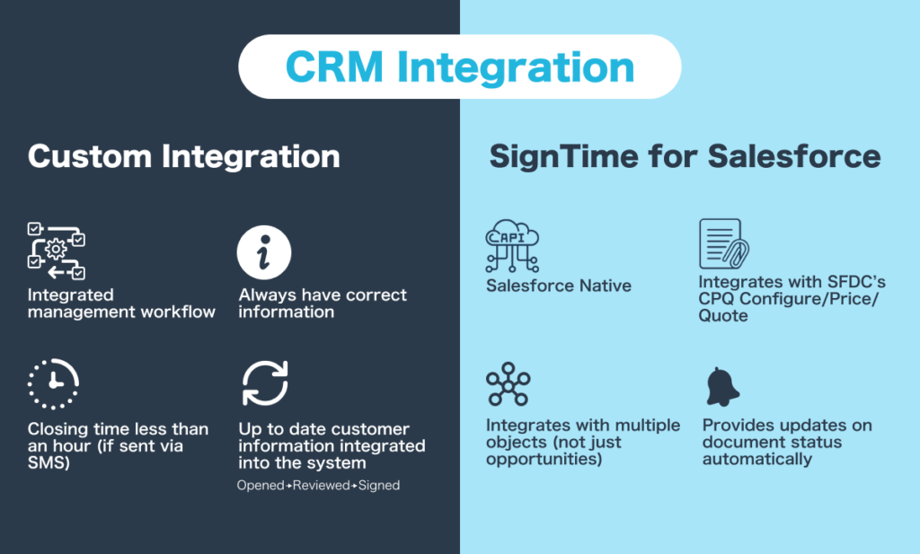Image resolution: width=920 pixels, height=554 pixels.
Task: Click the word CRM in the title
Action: click(x=334, y=66)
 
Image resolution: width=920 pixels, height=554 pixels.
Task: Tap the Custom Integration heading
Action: click(x=183, y=156)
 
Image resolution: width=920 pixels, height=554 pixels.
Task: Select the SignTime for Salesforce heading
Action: click(x=685, y=156)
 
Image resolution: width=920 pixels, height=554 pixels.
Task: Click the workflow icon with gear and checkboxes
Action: click(x=57, y=251)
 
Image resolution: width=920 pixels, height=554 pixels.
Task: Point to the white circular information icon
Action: click(x=264, y=252)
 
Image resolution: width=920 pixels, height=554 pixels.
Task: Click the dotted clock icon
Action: click(x=53, y=383)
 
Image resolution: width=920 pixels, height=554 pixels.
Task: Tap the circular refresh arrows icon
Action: click(x=265, y=383)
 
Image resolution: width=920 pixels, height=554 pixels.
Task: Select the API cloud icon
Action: click(x=512, y=246)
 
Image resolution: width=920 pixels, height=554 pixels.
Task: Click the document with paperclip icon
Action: click(x=724, y=244)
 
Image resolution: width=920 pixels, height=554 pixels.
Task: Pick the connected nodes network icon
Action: click(x=509, y=384)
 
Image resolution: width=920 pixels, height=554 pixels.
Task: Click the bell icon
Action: click(x=723, y=387)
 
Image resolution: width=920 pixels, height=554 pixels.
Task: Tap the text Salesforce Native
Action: click(x=559, y=286)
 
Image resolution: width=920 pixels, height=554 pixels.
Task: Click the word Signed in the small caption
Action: click(x=379, y=486)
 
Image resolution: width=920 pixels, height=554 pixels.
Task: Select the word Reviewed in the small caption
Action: click(x=322, y=486)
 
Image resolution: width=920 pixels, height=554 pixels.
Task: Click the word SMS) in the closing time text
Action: click(x=49, y=462)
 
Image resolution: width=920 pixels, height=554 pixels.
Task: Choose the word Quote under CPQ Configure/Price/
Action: click(x=723, y=315)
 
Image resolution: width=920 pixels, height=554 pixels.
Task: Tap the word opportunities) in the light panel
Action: click(x=544, y=459)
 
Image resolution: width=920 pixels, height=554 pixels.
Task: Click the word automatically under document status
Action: click(x=756, y=459)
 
